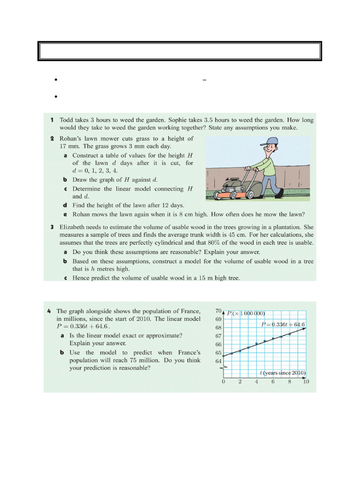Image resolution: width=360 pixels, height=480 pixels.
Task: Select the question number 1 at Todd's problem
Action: (x=52, y=120)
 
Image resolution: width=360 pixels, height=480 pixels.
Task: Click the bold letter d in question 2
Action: (x=65, y=205)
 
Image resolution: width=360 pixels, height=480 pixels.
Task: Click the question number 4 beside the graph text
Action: (x=50, y=311)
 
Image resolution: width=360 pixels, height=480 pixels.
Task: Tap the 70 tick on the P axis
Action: (x=218, y=311)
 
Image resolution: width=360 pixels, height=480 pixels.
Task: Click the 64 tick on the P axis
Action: (x=218, y=361)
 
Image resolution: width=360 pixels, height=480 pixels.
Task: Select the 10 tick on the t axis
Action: (x=306, y=382)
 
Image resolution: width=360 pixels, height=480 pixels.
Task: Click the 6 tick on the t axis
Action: (x=273, y=382)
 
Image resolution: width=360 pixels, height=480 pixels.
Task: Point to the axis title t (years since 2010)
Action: (x=283, y=373)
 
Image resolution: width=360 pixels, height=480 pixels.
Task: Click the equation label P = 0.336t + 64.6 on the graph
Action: (x=283, y=324)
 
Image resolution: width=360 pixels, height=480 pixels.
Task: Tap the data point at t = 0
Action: (x=224, y=356)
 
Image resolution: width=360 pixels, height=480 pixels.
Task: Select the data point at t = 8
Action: (x=290, y=334)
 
